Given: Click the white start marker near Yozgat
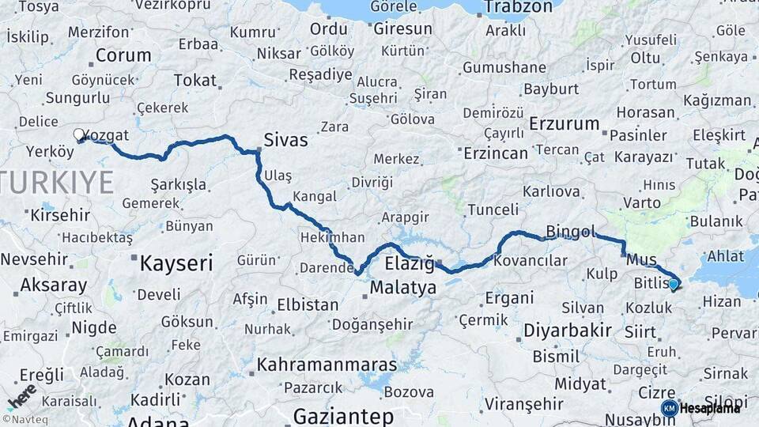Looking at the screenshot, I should point(79,134).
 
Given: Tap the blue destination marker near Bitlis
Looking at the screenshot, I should point(673,284).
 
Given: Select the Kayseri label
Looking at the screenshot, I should point(176,263).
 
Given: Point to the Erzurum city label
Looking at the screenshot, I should point(565,123).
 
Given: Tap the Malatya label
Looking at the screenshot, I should point(402,288).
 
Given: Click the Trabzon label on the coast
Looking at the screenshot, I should point(518,7).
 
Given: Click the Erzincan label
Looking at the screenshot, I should point(495,152).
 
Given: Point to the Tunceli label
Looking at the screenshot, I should point(493,210).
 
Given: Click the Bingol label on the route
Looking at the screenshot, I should point(570,232).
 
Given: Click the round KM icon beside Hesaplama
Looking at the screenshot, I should point(669,408).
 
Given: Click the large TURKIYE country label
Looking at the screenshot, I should point(57,182).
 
